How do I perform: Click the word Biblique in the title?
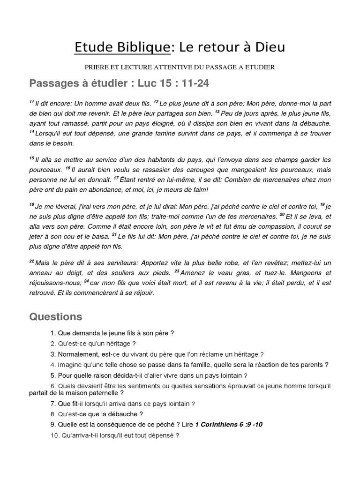143,47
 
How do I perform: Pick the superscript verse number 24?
86,281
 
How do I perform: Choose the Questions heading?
56,317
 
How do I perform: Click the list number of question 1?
52,333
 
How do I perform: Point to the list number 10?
52,435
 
